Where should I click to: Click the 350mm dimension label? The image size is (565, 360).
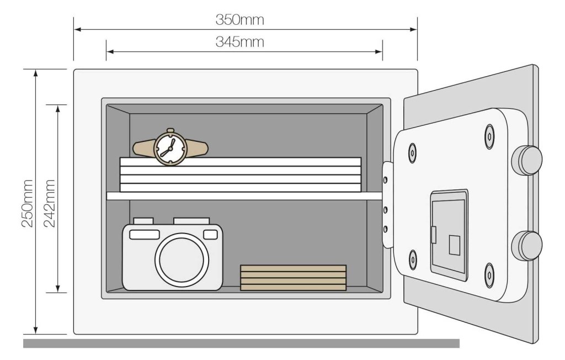coord(239,20)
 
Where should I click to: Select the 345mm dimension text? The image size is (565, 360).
coord(239,43)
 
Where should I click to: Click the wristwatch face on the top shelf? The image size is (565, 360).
coord(169,147)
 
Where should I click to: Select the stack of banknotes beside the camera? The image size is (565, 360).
coord(293,277)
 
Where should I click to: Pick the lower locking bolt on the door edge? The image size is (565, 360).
coord(527,246)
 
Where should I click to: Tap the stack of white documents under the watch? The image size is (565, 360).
coord(241,174)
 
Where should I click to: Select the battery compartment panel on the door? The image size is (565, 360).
coord(449,234)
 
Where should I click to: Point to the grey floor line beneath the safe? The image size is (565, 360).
coord(241,343)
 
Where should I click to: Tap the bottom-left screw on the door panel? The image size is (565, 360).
coord(413,259)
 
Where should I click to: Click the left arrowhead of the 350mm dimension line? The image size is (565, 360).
coord(77,29)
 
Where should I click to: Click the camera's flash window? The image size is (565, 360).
coord(145,234)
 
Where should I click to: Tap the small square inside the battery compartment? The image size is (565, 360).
coord(454,245)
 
